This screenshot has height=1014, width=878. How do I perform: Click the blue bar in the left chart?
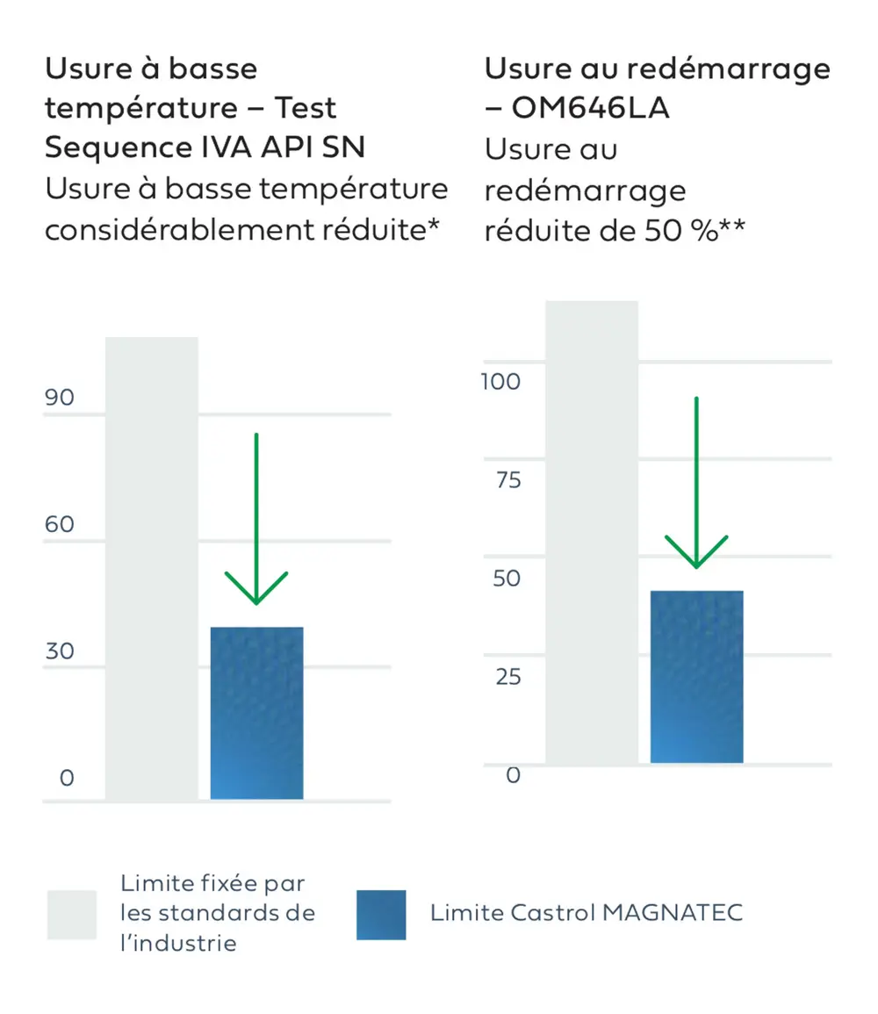tap(256, 713)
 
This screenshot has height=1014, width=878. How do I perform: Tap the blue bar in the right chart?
tap(696, 676)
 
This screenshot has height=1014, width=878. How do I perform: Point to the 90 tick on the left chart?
tap(60, 398)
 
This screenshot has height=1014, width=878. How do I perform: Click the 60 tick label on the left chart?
tap(60, 525)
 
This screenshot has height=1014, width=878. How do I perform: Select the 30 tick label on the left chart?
tap(60, 651)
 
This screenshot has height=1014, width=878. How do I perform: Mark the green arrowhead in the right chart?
tap(696, 553)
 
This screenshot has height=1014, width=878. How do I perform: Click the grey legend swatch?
tap(72, 915)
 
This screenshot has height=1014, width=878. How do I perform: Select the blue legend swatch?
tap(381, 915)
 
